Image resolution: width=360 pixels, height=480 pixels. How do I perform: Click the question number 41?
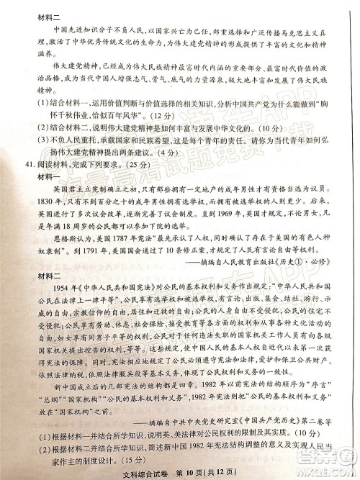click(x=29, y=164)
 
